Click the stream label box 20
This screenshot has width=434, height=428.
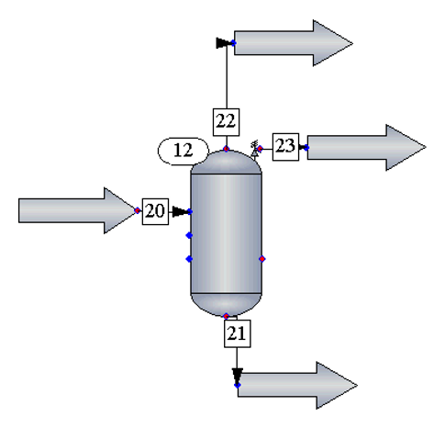(x=155, y=211)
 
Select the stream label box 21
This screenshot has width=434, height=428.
(x=238, y=333)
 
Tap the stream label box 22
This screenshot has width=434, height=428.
(x=226, y=122)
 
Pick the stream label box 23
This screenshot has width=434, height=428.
(x=285, y=147)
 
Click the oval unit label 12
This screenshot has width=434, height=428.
(x=184, y=151)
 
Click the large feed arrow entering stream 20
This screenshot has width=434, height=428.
(x=76, y=210)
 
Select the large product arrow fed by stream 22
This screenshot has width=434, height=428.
(x=294, y=43)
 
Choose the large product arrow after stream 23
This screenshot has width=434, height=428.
(x=366, y=147)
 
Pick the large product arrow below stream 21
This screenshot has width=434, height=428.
(x=297, y=385)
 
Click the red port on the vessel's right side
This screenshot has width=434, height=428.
(x=262, y=259)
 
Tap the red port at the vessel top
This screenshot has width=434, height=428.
(x=227, y=149)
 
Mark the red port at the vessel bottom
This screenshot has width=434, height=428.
(x=226, y=316)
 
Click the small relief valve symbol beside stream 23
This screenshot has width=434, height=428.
(x=254, y=150)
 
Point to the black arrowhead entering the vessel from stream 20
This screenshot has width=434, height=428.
(x=180, y=211)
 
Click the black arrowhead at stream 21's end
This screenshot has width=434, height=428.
(x=238, y=375)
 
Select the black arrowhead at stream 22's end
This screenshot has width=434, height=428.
(x=222, y=43)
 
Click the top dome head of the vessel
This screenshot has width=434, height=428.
(x=227, y=163)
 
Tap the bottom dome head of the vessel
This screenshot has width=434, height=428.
(x=227, y=304)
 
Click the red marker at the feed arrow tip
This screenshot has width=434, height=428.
(x=138, y=210)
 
